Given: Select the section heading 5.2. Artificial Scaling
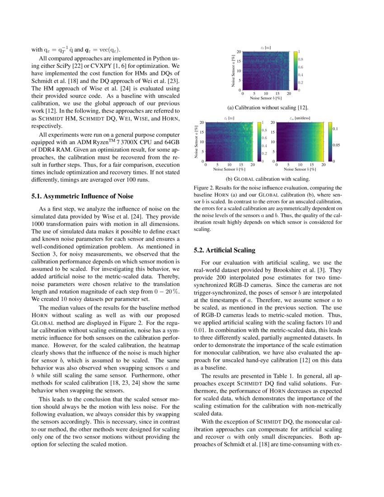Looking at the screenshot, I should click(225, 250).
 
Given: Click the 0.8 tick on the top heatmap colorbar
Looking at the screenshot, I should click(300, 59).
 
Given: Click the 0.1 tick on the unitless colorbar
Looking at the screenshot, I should click(336, 129).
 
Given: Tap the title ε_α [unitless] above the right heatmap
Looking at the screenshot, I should click(300, 118).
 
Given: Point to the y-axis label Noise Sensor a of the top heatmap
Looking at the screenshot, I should click(233, 71).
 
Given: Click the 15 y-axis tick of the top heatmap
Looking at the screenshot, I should click(239, 61).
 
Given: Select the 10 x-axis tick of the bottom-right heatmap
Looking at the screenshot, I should click(300, 165).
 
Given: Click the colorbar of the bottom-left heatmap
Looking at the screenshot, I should click(259, 142).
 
